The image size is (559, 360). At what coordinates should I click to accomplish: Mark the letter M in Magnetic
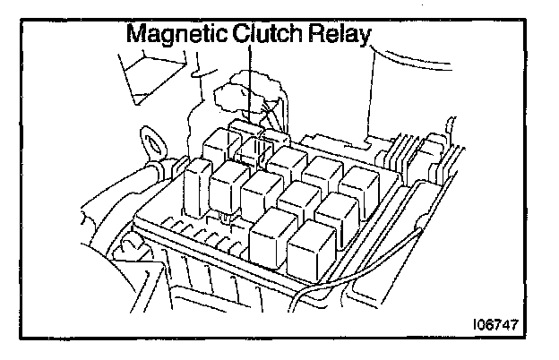pos(136,36)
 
